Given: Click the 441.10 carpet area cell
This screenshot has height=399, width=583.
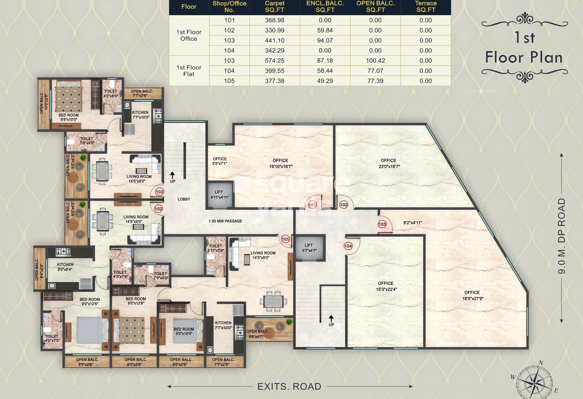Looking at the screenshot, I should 275,40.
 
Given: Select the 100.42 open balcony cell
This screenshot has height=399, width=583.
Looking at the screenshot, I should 375,60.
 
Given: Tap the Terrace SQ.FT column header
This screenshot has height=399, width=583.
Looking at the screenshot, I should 425,7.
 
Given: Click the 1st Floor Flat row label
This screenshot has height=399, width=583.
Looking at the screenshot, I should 189,71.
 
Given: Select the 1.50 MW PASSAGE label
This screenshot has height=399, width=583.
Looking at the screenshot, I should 225,221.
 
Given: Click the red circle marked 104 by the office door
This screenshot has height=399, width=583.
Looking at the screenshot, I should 348,246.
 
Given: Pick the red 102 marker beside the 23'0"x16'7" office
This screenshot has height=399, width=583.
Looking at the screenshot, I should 343,205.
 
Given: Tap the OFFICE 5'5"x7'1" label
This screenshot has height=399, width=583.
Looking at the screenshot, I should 220,161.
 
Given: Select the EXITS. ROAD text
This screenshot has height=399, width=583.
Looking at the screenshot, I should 289,386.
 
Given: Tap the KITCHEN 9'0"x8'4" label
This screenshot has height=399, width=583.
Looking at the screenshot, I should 65,267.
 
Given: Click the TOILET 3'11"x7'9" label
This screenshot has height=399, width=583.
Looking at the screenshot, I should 215,248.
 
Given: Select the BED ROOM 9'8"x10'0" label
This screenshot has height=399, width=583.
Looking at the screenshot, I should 69,117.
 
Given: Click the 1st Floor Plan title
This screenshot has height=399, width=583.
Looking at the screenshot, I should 524,48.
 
